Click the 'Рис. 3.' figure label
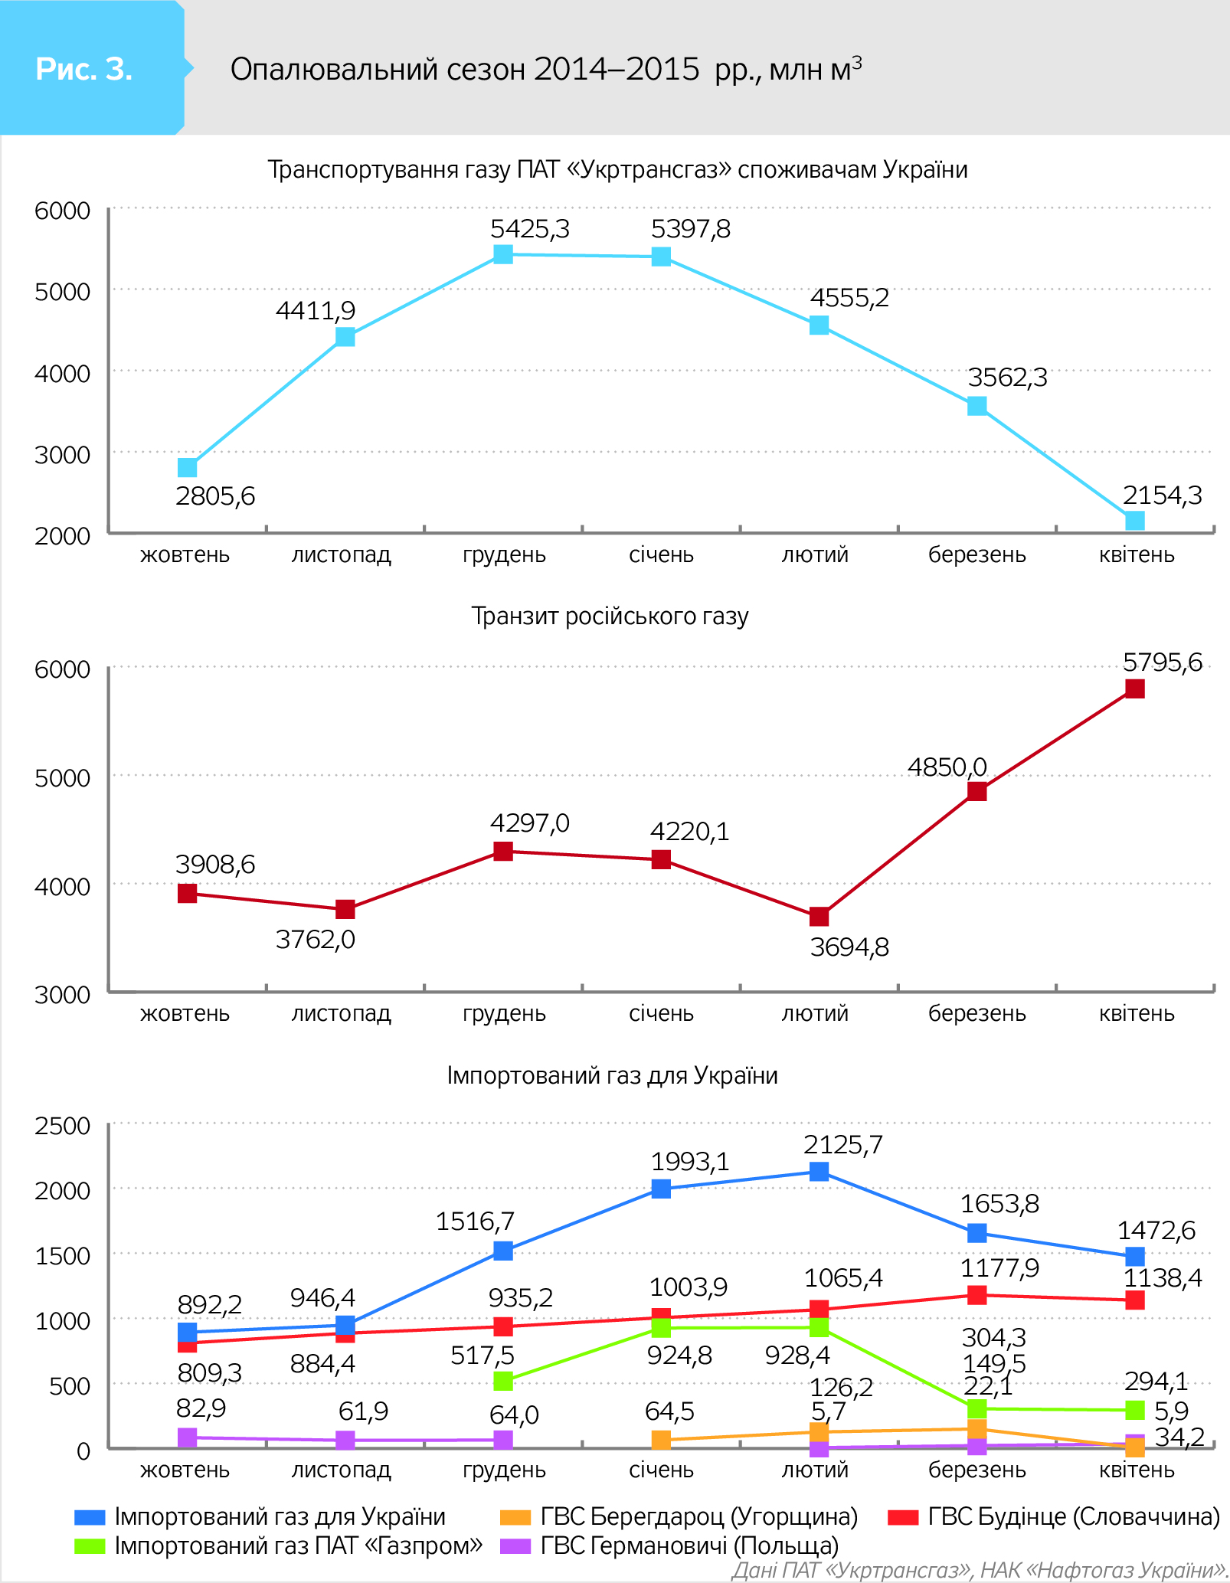[x=84, y=69]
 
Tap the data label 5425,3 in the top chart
[x=530, y=229]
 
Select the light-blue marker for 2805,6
[x=188, y=467]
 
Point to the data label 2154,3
[x=1162, y=496]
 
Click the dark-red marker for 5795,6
[x=1135, y=688]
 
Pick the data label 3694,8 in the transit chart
[x=849, y=947]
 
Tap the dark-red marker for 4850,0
[x=976, y=791]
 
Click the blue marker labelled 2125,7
[x=819, y=1172]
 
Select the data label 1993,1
[x=689, y=1162]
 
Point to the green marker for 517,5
[x=503, y=1381]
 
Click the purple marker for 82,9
[x=188, y=1437]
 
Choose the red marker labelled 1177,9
[x=976, y=1295]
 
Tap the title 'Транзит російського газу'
[x=610, y=617]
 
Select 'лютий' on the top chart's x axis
[x=815, y=554]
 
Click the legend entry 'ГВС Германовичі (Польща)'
[x=689, y=1545]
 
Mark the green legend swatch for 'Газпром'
[x=90, y=1546]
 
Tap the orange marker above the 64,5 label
[x=661, y=1440]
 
